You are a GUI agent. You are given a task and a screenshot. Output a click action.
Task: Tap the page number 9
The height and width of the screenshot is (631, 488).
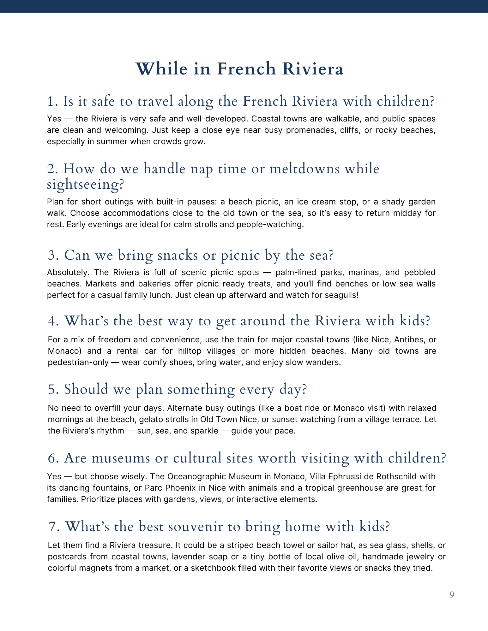452,595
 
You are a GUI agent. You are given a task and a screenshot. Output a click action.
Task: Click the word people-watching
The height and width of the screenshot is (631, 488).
270,224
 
